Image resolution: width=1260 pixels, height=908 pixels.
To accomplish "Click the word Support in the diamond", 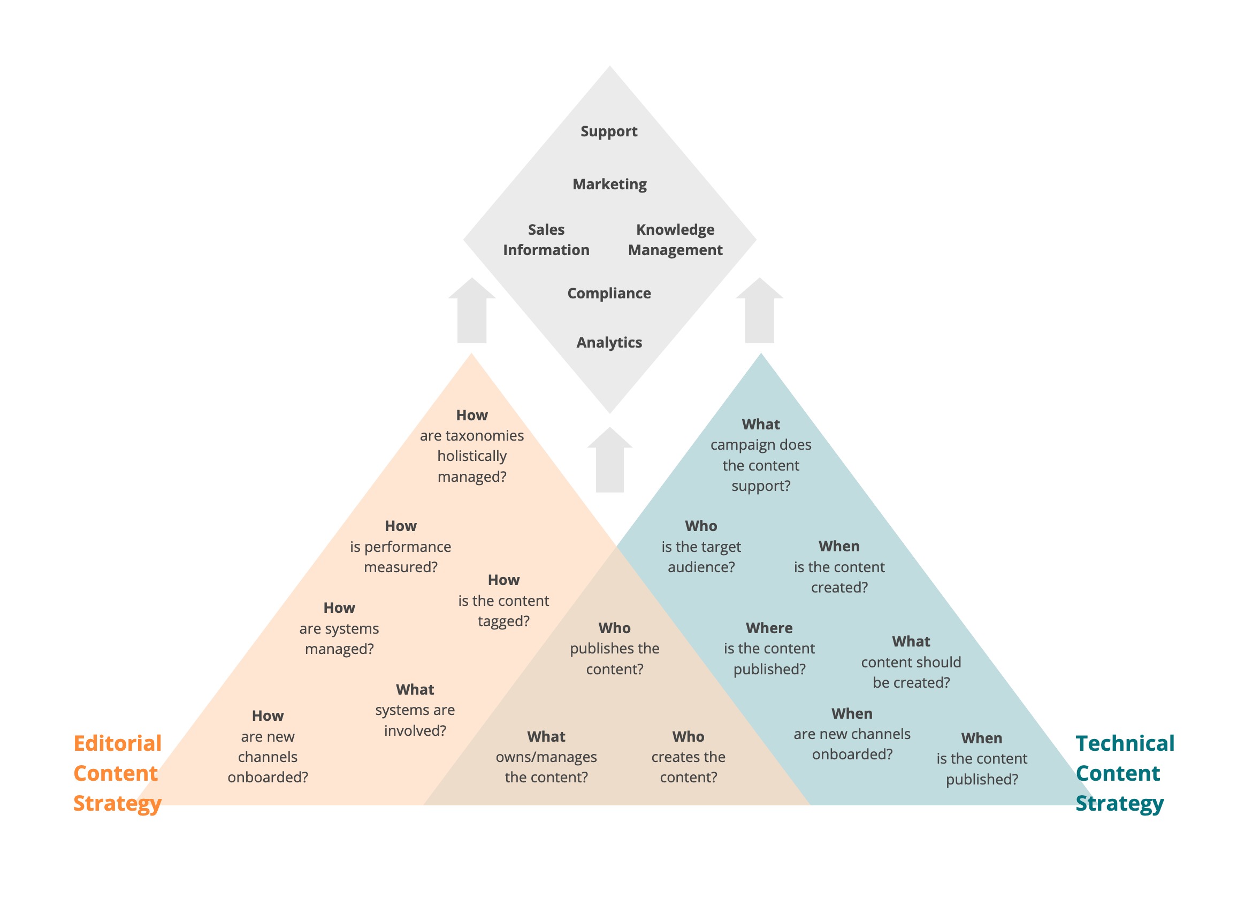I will coord(609,132).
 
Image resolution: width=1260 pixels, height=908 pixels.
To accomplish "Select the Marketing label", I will coord(609,184).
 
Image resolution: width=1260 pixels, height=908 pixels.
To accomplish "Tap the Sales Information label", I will coord(546,240).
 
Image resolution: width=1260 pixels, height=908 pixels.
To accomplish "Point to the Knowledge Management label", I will coord(675,240).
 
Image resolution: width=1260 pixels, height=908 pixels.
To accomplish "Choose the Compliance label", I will coord(609,293).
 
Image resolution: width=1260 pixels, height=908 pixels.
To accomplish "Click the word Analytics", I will coord(609,343).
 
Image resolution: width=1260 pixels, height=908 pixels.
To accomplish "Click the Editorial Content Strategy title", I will coord(117,773).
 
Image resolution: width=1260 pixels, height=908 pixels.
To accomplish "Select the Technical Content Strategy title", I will coord(1125,773).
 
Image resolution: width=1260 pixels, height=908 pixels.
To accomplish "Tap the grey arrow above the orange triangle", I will coord(472,311).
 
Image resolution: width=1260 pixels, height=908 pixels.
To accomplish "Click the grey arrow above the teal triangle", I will coord(759,311).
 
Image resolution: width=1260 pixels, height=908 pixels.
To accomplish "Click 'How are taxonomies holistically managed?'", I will coord(472,446).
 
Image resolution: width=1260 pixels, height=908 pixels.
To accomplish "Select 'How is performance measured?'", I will coord(401,547).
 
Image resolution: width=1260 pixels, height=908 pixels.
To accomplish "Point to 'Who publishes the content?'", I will coord(614,649).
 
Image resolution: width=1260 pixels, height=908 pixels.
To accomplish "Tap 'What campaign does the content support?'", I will coord(761,455).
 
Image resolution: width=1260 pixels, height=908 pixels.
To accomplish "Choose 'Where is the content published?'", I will coord(769,649).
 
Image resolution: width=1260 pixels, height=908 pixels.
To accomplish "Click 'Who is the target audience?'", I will coord(701,547).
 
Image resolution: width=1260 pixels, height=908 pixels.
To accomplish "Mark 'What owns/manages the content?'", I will coord(546,757).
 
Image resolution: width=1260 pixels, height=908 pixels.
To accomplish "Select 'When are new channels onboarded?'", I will coord(852,734).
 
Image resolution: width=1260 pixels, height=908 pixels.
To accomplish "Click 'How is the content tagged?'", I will coord(503,601).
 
